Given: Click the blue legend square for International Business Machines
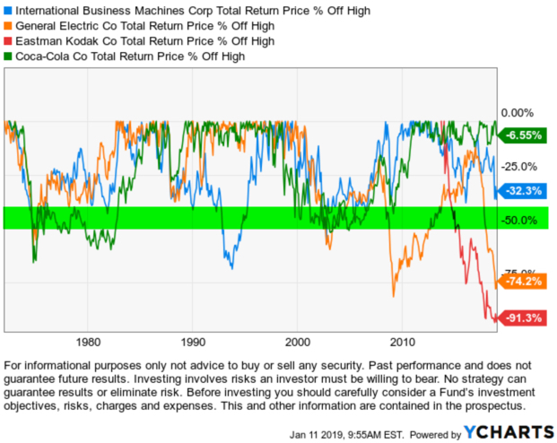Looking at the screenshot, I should click(8, 10).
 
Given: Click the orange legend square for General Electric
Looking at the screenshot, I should click(8, 26).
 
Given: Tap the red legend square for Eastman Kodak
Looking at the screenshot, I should click(8, 41).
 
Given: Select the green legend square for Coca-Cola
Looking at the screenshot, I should click(8, 56).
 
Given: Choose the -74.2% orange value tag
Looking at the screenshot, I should click(524, 281).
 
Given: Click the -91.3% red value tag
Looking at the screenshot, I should click(524, 317).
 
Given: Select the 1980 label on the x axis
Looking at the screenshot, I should click(88, 343).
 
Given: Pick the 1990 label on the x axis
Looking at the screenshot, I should click(193, 343).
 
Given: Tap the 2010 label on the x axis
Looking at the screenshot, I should click(404, 343).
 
